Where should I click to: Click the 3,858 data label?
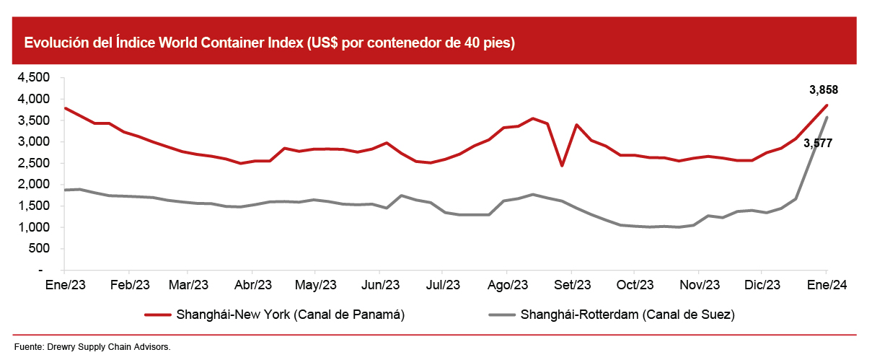[823, 90]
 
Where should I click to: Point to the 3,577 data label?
[818, 144]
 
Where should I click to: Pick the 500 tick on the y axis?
[39, 249]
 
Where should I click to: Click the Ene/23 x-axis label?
[66, 285]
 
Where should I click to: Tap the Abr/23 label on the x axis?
[253, 285]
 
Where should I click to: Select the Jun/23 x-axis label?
[379, 285]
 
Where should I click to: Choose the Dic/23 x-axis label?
[762, 285]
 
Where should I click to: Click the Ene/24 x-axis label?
[827, 285]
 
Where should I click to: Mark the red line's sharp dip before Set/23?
[562, 166]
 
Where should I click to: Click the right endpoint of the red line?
[827, 105]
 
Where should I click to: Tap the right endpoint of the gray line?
[827, 118]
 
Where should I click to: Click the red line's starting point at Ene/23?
[66, 108]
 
